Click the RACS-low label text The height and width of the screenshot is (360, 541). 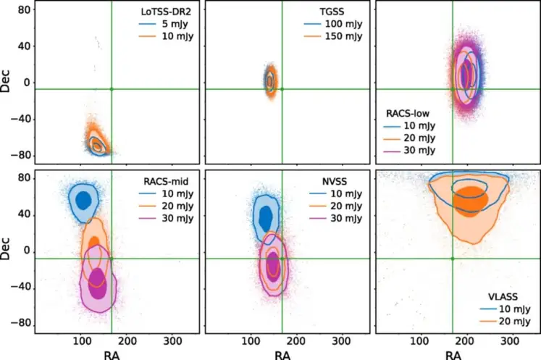409,112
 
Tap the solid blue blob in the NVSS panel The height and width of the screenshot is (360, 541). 266,217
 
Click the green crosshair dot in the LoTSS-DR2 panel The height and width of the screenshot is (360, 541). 112,89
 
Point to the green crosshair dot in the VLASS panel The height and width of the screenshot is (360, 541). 453,259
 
